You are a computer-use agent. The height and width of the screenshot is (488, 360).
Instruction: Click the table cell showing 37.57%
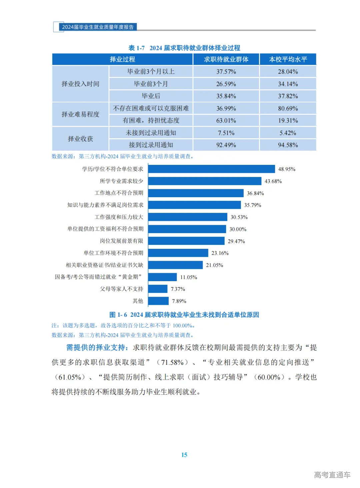pos(226,72)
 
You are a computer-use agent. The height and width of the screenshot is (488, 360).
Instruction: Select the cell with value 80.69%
pos(288,108)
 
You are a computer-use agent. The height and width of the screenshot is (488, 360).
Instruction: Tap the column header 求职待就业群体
pos(226,59)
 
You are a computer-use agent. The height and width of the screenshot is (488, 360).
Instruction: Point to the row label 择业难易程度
pos(80,114)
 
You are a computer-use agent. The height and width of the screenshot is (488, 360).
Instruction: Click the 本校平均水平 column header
pos(288,59)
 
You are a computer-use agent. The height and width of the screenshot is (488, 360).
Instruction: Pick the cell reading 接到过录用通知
pos(151,145)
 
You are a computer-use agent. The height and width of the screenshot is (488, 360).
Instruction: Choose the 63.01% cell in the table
pos(226,120)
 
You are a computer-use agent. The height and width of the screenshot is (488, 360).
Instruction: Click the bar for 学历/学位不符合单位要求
pos(211,169)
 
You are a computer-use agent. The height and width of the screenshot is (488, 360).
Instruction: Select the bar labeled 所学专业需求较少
pos(205,181)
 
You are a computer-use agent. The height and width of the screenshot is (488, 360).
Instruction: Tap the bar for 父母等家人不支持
pos(158,289)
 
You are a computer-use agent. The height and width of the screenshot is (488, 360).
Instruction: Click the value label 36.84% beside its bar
pos(255,193)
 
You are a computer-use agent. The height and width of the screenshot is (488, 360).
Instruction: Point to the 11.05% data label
pos(189,277)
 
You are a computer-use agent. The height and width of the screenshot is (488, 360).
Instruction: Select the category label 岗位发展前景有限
pos(121,241)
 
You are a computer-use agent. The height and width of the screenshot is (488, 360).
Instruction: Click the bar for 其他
pos(158,301)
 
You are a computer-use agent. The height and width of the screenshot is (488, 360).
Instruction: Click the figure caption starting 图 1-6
pos(184,315)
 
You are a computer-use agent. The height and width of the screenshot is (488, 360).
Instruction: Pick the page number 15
pos(184,455)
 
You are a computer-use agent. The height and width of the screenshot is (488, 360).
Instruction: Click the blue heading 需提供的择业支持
pos(97,347)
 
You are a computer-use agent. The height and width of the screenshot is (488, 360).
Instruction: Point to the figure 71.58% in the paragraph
pos(172,362)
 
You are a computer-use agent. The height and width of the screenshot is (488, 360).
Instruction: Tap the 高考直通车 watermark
pos(332,475)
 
